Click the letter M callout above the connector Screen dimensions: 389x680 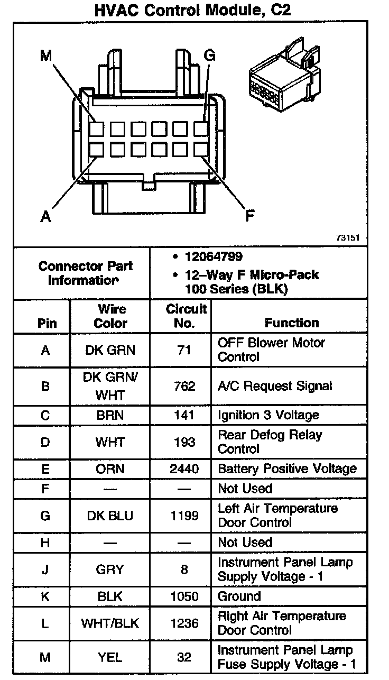(x=47, y=55)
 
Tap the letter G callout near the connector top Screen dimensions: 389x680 (x=210, y=55)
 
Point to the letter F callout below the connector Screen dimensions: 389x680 (x=249, y=215)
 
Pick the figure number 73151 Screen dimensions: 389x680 (x=347, y=238)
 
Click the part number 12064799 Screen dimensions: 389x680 (x=214, y=257)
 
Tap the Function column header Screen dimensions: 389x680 (x=292, y=323)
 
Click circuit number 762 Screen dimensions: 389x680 (x=184, y=386)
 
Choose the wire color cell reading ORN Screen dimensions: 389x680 (x=110, y=468)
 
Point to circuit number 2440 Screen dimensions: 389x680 (x=184, y=468)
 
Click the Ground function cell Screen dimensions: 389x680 (x=239, y=596)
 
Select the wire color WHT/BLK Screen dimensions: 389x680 (x=110, y=623)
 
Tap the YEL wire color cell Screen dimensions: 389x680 (x=110, y=657)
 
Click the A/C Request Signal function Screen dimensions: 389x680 (x=275, y=386)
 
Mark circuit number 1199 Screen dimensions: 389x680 (x=184, y=515)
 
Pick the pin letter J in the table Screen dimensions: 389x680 (x=45, y=569)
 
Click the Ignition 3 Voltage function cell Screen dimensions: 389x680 (x=268, y=415)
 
